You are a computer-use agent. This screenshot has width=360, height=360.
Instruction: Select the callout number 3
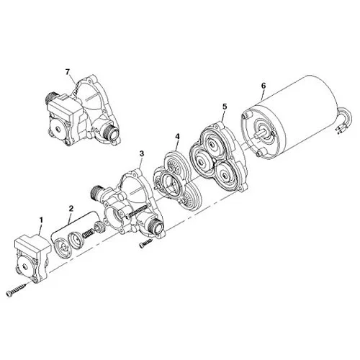141,153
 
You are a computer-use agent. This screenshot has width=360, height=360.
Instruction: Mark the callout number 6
264,86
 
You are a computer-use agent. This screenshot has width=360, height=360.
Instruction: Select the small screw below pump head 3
144,245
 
